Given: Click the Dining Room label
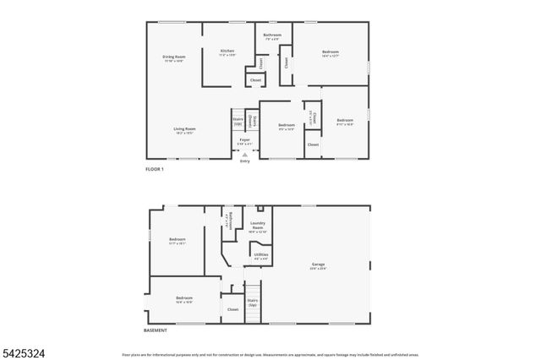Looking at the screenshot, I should point(173,59).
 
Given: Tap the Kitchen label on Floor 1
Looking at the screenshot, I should point(227,52).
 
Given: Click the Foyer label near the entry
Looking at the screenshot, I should point(244,141).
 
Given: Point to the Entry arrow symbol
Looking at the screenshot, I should point(244,155).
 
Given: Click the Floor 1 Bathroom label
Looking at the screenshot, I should point(272,36).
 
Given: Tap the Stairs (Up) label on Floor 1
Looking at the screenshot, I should point(238,122).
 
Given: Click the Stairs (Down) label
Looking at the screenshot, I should point(251,122).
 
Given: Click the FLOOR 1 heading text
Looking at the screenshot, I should point(155,170).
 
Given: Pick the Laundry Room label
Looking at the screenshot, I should point(258,226).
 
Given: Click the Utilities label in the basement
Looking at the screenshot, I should point(261,255).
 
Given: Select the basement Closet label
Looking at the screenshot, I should point(233,309).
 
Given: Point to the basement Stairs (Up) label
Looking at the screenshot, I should point(253,302).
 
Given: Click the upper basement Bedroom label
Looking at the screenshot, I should point(177,241).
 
